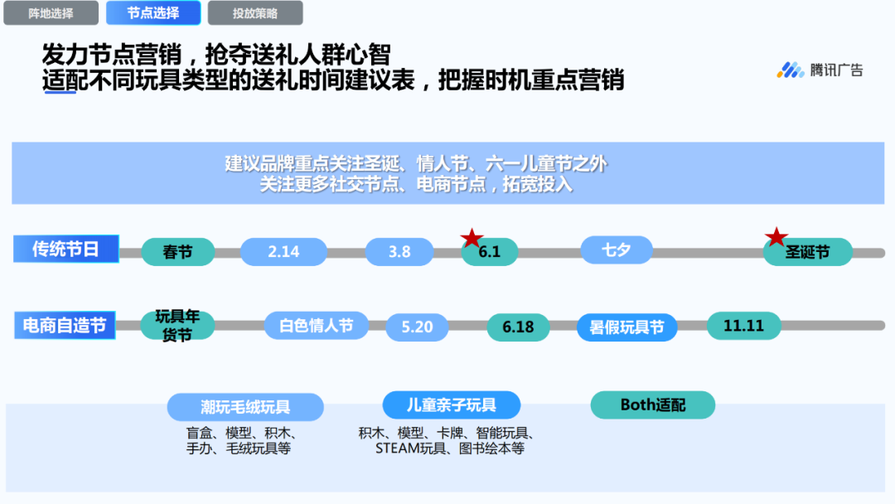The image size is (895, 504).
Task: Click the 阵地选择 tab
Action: click(x=51, y=13)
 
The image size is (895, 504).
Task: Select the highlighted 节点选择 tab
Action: click(x=153, y=13)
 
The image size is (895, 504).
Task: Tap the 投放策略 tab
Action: click(x=255, y=13)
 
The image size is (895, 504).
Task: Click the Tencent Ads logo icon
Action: click(x=791, y=70)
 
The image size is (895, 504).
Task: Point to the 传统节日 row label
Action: click(x=65, y=250)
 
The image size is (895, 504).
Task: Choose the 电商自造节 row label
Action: click(x=65, y=325)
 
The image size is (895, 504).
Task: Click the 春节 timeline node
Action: click(x=177, y=252)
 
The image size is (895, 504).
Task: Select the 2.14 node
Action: click(x=283, y=252)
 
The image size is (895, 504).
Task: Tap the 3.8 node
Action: click(x=399, y=252)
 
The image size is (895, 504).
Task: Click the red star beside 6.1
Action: click(x=472, y=238)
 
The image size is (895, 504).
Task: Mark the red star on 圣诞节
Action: click(x=776, y=237)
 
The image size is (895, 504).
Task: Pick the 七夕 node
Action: click(x=617, y=250)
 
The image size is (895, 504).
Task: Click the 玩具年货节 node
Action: click(x=177, y=325)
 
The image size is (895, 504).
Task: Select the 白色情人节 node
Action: click(x=317, y=326)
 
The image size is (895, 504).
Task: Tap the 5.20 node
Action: click(x=417, y=327)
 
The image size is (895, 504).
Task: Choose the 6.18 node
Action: click(x=518, y=327)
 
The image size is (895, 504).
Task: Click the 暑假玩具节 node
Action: click(x=626, y=327)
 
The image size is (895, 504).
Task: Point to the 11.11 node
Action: click(x=743, y=326)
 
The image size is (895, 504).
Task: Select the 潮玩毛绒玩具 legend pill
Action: click(x=245, y=407)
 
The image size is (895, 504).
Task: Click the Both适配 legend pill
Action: click(x=653, y=405)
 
